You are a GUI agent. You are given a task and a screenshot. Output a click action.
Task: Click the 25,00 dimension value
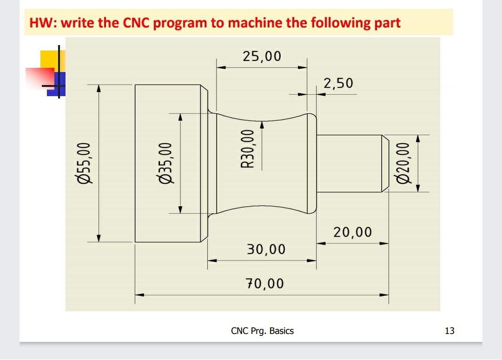262,56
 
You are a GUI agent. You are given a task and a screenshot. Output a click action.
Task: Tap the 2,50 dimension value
338,83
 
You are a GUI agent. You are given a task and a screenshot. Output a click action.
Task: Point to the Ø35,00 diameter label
165,163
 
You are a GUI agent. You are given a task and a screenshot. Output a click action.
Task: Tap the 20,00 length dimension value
352,232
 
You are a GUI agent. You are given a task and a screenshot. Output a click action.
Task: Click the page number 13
449,331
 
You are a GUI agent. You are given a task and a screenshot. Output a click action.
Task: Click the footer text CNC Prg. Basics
262,331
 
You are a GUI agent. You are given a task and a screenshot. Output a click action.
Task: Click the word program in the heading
180,23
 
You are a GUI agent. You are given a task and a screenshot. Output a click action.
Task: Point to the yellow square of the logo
49,59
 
